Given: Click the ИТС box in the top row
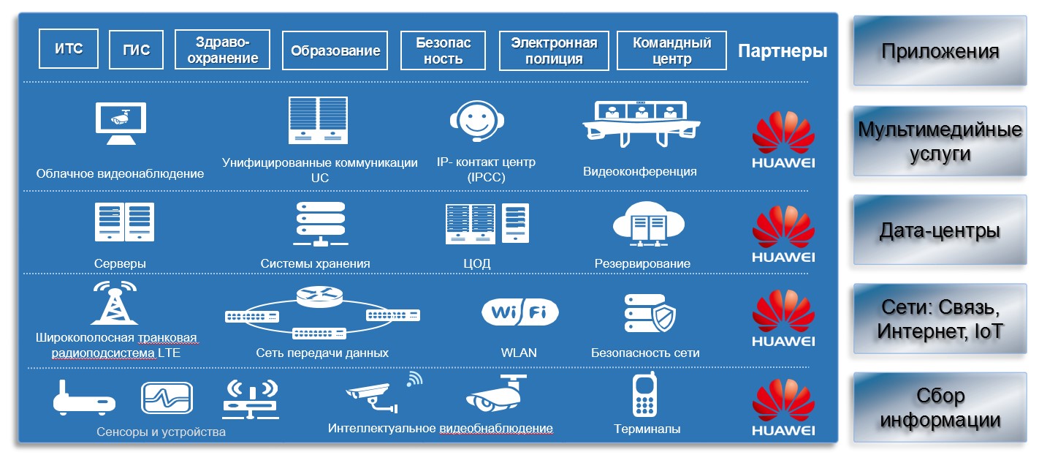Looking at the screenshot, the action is click(69, 49).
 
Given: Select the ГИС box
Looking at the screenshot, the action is click(137, 50).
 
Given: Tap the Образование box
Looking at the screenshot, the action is click(335, 50).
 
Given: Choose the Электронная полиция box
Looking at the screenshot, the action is click(554, 50).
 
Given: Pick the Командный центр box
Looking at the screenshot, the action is click(671, 50).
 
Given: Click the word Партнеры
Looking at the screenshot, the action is click(783, 51).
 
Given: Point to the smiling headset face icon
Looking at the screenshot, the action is click(477, 121).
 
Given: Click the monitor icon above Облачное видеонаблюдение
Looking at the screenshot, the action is click(121, 124).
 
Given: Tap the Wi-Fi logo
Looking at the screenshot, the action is click(520, 312).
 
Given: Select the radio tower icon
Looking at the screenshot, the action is click(115, 303).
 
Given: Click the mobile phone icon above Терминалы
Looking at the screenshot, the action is click(644, 394).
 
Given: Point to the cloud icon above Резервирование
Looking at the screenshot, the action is click(648, 224).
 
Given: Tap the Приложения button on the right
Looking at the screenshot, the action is click(940, 50).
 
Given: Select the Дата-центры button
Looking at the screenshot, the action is click(940, 230).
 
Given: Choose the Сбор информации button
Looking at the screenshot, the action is click(940, 407).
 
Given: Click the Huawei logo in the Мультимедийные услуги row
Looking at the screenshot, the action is click(783, 139).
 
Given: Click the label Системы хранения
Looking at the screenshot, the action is click(315, 264).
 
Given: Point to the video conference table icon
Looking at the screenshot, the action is click(641, 124).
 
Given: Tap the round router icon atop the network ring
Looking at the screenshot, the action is click(319, 296).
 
